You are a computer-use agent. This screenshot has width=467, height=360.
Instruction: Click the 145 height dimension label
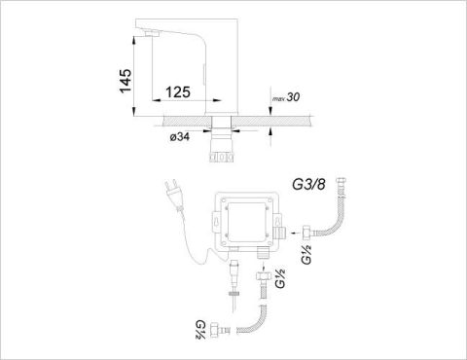tap(126, 81)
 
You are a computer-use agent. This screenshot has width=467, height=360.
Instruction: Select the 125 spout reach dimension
tap(178, 92)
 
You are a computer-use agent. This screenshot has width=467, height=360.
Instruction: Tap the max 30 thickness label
tap(286, 97)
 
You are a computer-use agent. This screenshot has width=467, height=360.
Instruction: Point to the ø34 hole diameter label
tap(180, 137)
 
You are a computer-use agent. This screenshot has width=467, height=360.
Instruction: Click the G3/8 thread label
tap(308, 185)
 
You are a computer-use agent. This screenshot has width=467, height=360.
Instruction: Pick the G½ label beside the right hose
tap(306, 254)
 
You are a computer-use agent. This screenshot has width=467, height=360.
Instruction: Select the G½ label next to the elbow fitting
tap(200, 329)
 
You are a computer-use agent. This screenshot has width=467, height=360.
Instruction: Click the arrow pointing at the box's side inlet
tap(295, 233)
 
